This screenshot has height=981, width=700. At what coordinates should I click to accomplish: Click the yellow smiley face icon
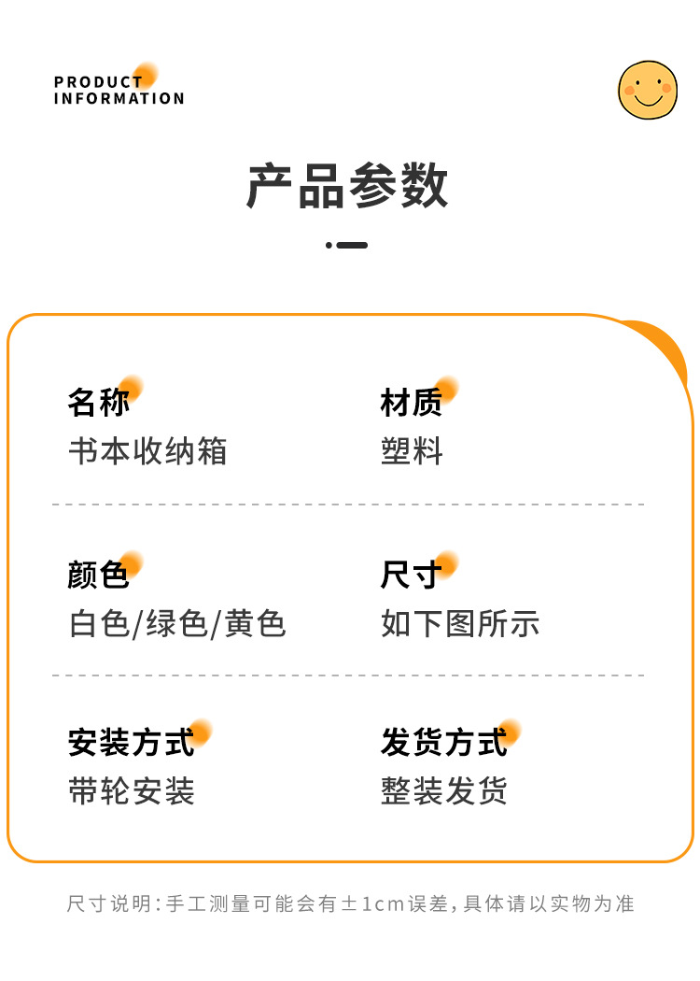[x=647, y=90]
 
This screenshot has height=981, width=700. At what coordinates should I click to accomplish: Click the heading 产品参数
[x=347, y=186]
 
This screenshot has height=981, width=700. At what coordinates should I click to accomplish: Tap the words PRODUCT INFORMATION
[x=119, y=90]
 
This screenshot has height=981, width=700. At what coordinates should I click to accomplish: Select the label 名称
[x=99, y=403]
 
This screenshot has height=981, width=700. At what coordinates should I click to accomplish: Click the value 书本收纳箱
[x=147, y=451]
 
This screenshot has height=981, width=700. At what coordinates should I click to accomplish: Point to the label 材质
[x=412, y=403]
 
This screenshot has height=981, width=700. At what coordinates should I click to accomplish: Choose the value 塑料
[x=412, y=451]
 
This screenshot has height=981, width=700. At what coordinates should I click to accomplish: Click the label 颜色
[x=99, y=575]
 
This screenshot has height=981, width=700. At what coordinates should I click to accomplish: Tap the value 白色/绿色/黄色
[x=177, y=623]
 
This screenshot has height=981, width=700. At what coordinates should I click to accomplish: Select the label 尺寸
[x=412, y=575]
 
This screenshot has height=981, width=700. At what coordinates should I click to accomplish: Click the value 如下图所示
[x=460, y=623]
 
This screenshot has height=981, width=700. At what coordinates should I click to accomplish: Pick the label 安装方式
[x=131, y=743]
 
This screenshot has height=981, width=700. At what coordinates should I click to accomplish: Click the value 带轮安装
[x=132, y=791]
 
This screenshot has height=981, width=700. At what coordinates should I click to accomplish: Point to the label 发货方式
[x=443, y=743]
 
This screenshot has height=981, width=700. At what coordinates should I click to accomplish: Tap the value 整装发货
[x=444, y=791]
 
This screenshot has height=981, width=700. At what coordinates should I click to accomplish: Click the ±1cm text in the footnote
[x=374, y=904]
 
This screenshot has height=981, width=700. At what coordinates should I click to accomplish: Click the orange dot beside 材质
[x=447, y=389]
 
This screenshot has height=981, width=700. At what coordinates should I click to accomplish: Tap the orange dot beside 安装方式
[x=201, y=732]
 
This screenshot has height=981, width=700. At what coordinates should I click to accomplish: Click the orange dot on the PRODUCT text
[x=146, y=75]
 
